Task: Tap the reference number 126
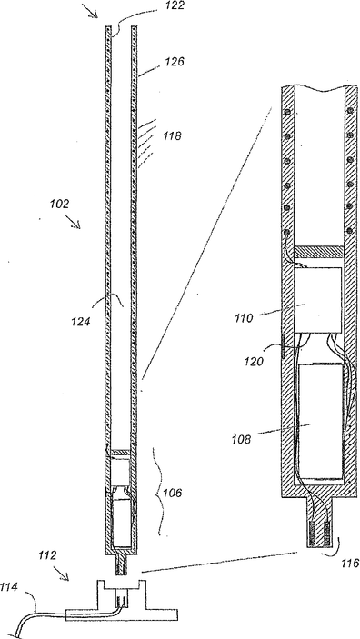(175, 62)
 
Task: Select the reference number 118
(172, 135)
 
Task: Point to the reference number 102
(60, 204)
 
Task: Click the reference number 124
(81, 322)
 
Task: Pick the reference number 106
(173, 493)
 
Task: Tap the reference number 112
(47, 554)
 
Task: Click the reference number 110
(244, 317)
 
